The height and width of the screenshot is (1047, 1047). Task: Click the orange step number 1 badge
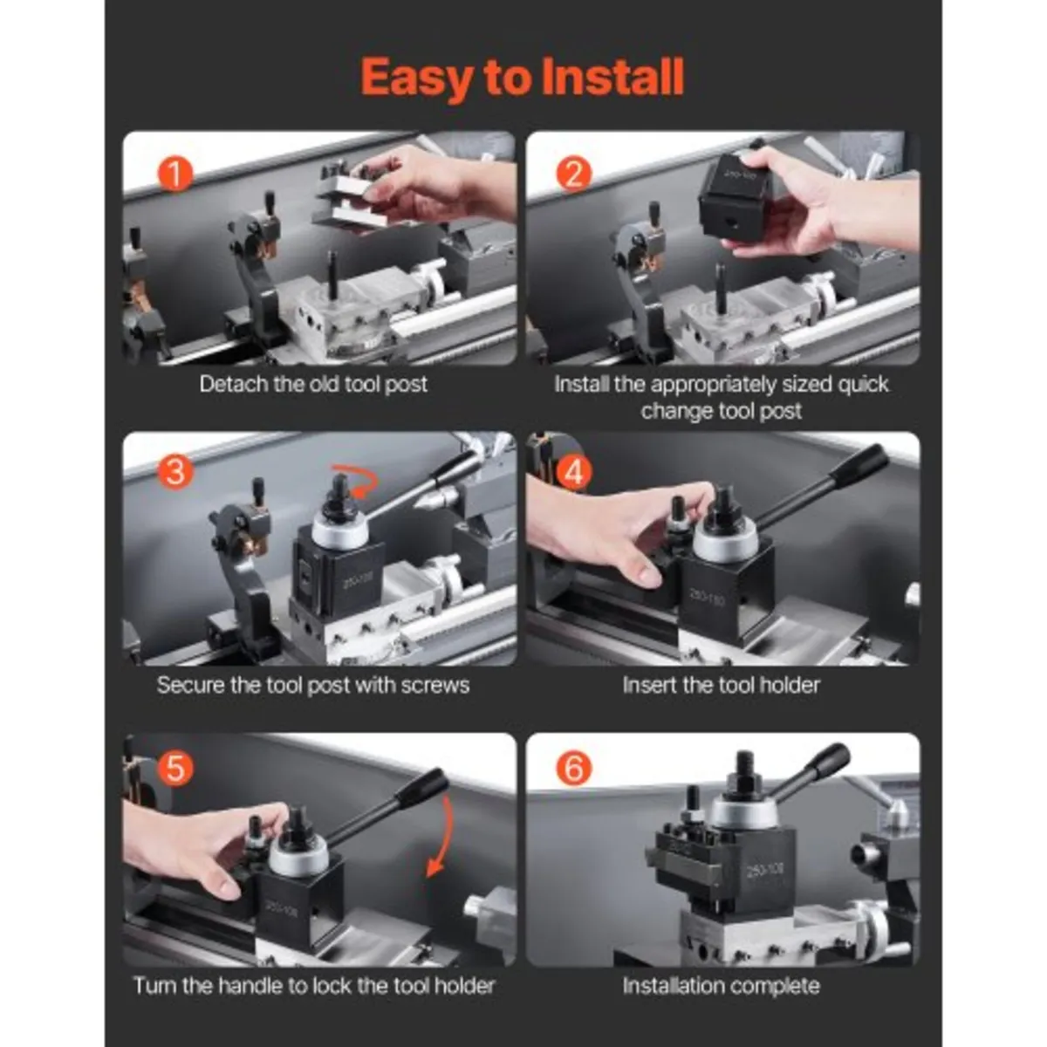click(x=174, y=174)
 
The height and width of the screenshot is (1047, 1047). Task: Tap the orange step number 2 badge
click(x=573, y=174)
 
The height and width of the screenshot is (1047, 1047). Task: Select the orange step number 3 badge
click(x=174, y=472)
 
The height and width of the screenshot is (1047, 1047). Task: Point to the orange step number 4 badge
click(x=573, y=472)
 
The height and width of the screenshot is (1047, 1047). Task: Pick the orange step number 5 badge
click(x=174, y=770)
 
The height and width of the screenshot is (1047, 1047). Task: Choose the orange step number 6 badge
click(x=573, y=770)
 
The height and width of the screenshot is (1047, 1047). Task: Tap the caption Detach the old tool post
click(x=313, y=384)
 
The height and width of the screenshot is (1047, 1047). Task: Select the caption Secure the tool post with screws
click(x=313, y=685)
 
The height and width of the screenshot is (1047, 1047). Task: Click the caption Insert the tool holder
click(x=721, y=685)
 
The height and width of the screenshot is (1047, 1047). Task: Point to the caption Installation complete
click(x=721, y=987)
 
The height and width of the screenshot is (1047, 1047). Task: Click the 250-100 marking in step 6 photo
click(x=767, y=870)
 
